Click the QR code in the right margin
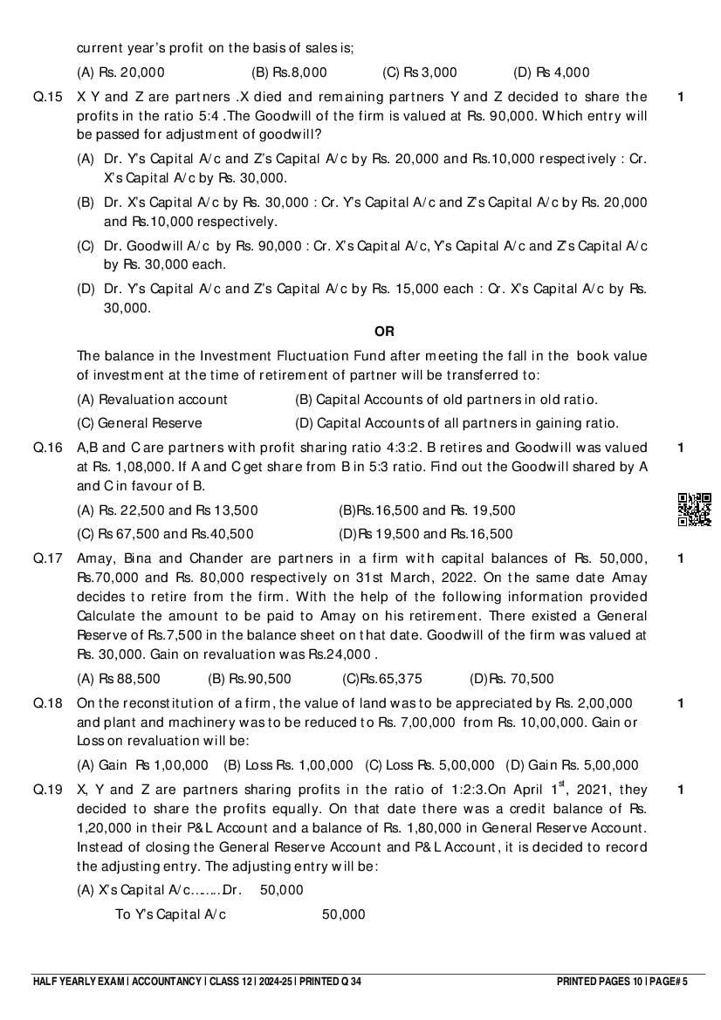pos(694,510)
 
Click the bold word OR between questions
pos(384,332)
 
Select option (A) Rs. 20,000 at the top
pos(120,72)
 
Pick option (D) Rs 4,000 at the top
pos(552,72)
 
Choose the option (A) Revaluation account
pos(152,400)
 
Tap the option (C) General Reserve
pos(139,423)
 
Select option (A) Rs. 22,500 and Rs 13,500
pos(167,510)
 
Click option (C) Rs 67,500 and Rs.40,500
pos(165,534)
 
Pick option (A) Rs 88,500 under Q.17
pos(119,679)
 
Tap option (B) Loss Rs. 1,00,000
pos(288,765)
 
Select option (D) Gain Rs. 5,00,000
pos(572,765)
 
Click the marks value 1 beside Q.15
pos(681,97)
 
